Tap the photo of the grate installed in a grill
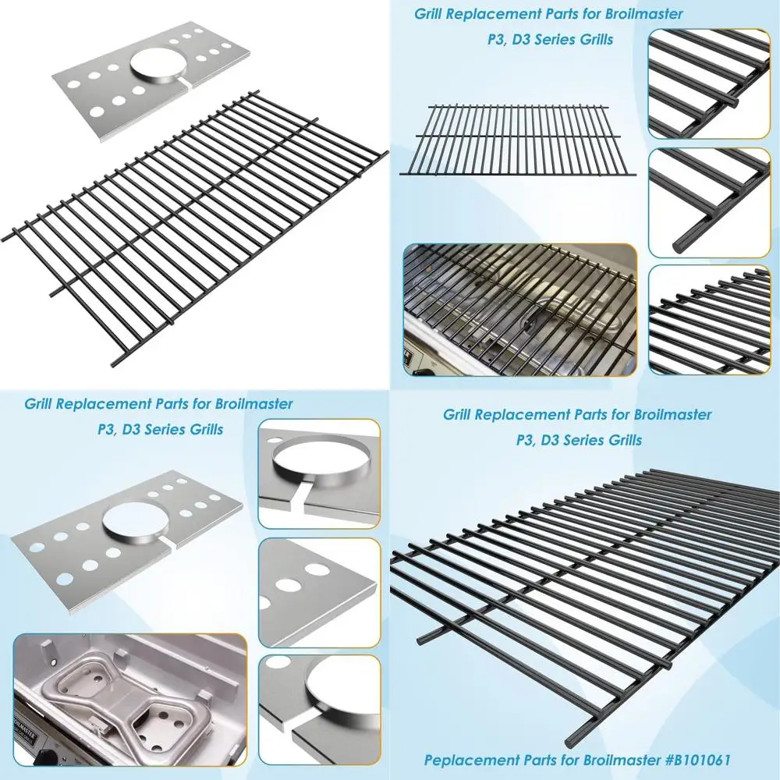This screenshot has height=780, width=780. (519, 312)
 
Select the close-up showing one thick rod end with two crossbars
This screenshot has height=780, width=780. (709, 202)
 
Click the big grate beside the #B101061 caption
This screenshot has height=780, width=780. (585, 593)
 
